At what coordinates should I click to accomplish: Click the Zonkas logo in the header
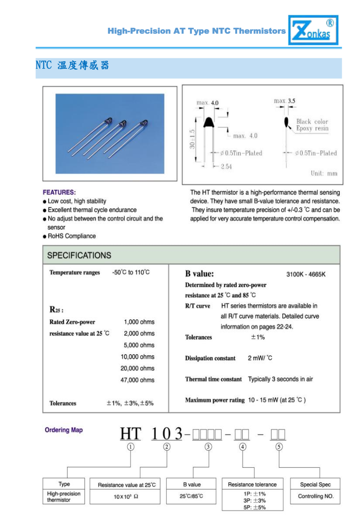pyautogui.click(x=313, y=30)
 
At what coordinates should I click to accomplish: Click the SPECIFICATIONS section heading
pyautogui.click(x=79, y=255)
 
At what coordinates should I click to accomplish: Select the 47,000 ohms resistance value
pyautogui.click(x=138, y=380)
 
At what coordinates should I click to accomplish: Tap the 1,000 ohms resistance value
pyautogui.click(x=139, y=322)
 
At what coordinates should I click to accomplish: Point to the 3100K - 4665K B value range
pyautogui.click(x=306, y=274)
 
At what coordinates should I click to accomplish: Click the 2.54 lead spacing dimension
pyautogui.click(x=226, y=166)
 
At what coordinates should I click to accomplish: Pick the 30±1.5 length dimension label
pyautogui.click(x=192, y=139)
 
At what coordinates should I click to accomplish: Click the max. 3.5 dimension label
pyautogui.click(x=284, y=101)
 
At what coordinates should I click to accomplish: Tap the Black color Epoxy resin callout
pyautogui.click(x=312, y=125)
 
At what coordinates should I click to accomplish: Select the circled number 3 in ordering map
pyautogui.click(x=208, y=447)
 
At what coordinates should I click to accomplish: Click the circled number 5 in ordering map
pyautogui.click(x=279, y=447)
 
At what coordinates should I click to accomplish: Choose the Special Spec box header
pyautogui.click(x=315, y=484)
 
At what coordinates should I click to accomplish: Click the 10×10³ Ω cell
pyautogui.click(x=126, y=497)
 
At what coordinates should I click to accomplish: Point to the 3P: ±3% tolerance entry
pyautogui.click(x=255, y=501)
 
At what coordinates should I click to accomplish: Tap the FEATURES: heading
pyautogui.click(x=59, y=192)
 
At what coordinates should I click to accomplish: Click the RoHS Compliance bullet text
pyautogui.click(x=72, y=236)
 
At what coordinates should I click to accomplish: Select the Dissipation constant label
pyautogui.click(x=210, y=358)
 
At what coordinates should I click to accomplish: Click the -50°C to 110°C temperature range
pyautogui.click(x=131, y=272)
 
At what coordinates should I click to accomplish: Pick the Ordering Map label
pyautogui.click(x=64, y=430)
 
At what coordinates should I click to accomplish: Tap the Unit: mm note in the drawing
pyautogui.click(x=324, y=173)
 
